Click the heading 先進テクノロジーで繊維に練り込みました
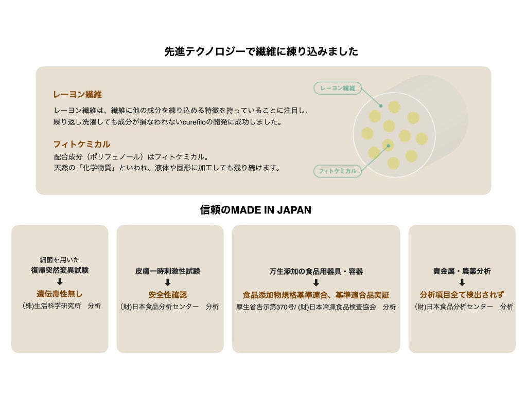point(261,51)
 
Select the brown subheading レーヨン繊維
point(77,95)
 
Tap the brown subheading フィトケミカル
point(81,145)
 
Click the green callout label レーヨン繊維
point(338,88)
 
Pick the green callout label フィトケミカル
point(338,171)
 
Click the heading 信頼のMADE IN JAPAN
point(255,210)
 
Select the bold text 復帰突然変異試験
point(60,270)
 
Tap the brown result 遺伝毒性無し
point(60,294)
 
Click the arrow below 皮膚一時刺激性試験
point(168,282)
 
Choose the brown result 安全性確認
point(168,295)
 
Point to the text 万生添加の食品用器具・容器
point(316,271)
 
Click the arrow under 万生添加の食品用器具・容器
point(316,283)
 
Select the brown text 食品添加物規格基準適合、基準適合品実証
point(316,295)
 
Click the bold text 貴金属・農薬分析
point(462,271)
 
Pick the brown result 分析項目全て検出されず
point(462,295)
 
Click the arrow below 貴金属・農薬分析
point(462,282)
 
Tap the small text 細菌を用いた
point(60,260)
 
